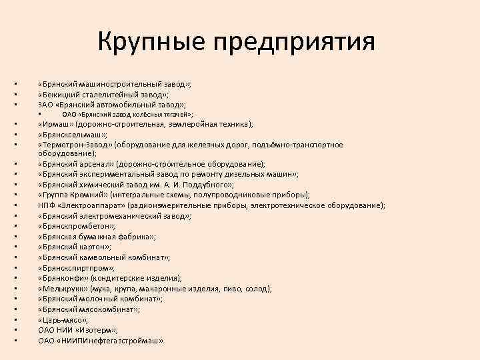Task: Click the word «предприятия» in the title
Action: (x=294, y=44)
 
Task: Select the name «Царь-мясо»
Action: (x=63, y=320)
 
